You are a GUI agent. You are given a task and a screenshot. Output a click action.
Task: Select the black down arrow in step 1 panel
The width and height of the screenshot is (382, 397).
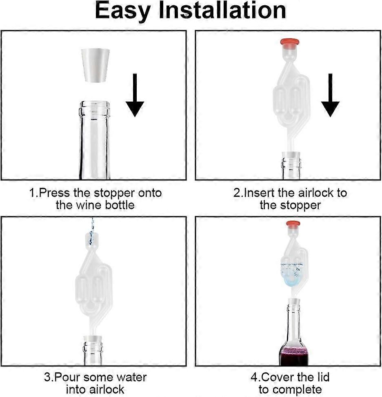(x=135, y=95)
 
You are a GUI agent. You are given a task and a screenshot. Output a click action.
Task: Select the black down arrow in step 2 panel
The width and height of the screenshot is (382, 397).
(x=330, y=95)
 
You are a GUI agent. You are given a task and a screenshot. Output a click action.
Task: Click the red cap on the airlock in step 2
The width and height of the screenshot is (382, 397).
(x=290, y=42)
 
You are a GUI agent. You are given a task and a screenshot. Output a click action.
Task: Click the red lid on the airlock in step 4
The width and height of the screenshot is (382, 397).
(x=293, y=224)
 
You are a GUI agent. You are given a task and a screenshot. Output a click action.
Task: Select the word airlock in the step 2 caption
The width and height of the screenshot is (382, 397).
(x=306, y=193)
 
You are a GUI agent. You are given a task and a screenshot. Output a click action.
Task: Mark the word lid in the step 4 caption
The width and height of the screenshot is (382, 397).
(x=322, y=377)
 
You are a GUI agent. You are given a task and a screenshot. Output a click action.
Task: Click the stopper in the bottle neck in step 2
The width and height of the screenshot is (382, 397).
(x=291, y=155)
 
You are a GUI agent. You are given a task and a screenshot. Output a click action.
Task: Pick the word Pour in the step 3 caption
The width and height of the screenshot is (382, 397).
(x=66, y=377)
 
